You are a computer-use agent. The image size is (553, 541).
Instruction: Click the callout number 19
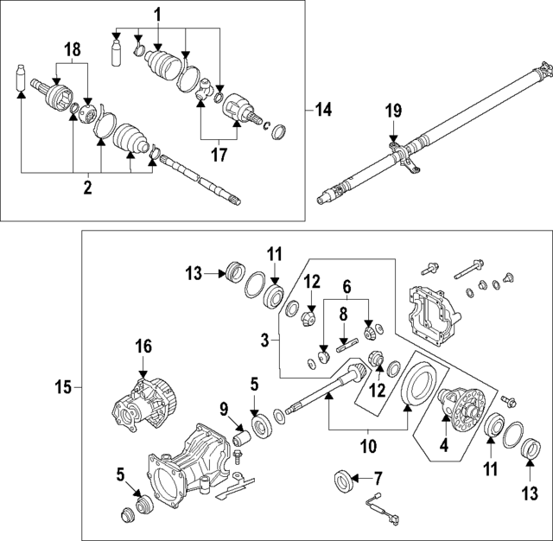pos(393,110)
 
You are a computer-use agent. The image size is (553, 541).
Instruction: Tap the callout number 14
pos(323,110)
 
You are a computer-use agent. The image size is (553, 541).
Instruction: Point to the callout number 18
pos(73,49)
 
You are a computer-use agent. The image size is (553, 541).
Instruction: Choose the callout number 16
pos(143,347)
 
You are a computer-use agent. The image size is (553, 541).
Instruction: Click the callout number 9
pos(223,408)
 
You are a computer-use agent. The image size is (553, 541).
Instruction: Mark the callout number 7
pos(377,477)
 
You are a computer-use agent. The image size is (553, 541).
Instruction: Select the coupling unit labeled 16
pos(142,400)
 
